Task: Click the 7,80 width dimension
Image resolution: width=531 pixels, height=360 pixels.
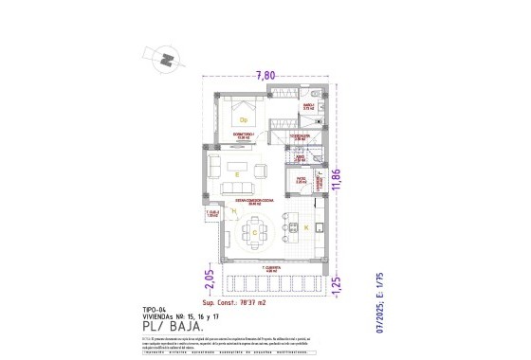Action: pyautogui.click(x=266, y=76)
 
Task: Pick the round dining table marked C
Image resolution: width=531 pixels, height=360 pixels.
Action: pyautogui.click(x=255, y=230)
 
